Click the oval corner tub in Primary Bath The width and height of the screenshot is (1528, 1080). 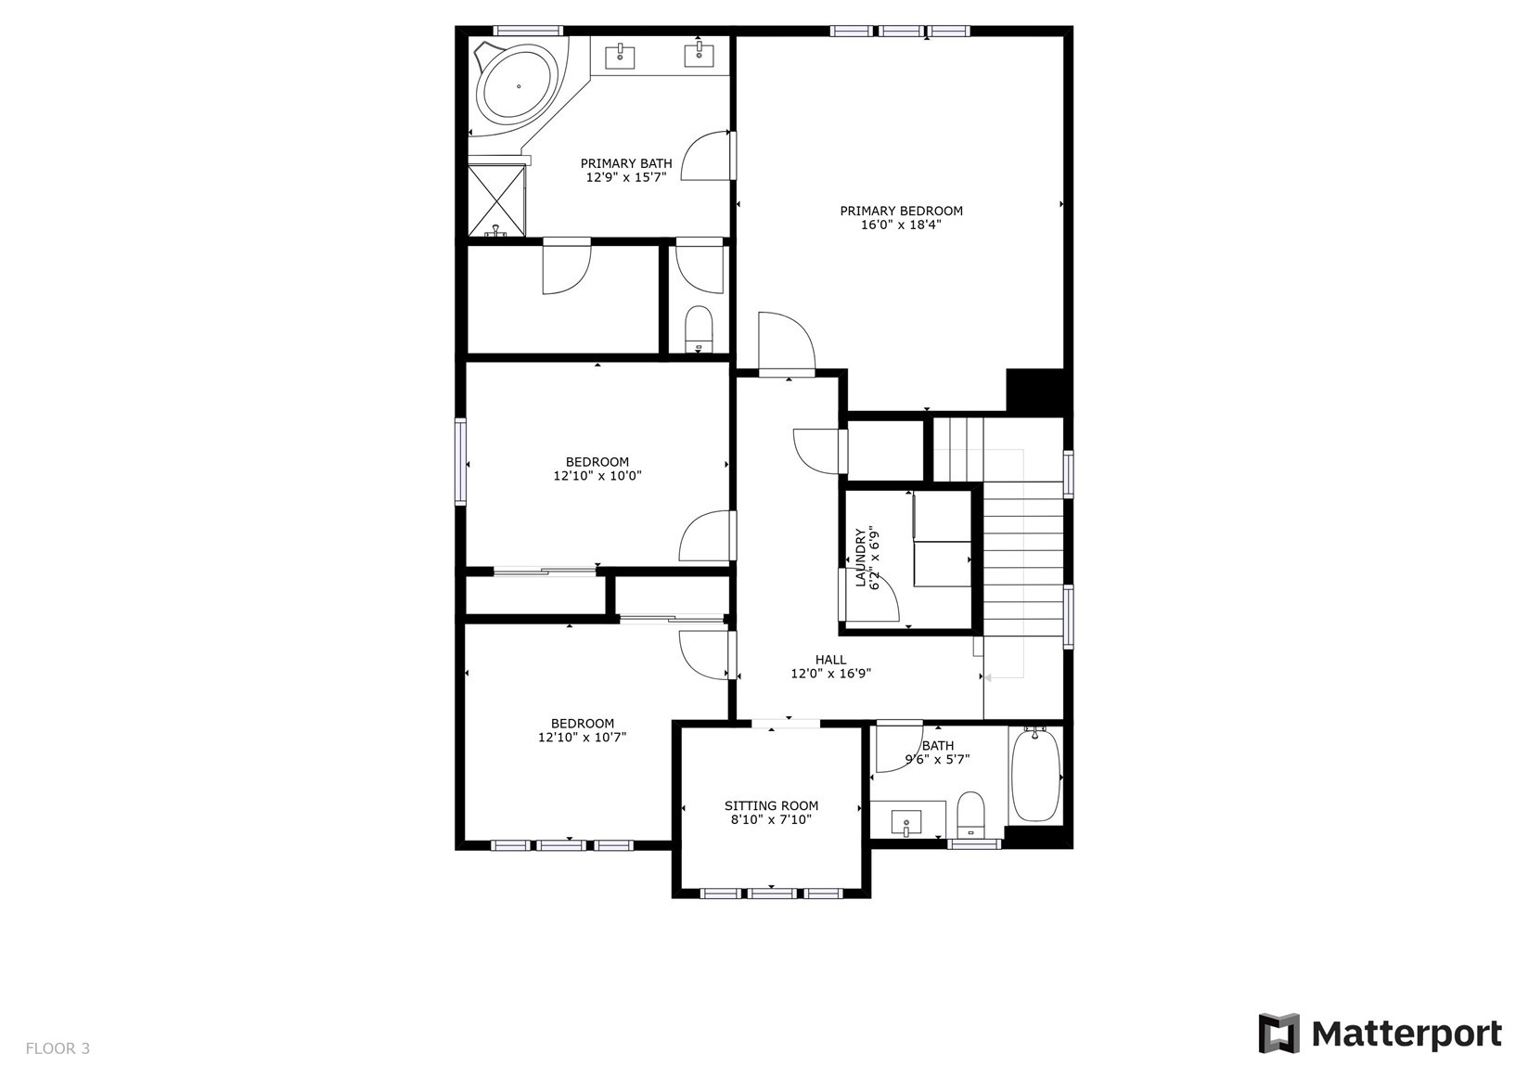click(518, 87)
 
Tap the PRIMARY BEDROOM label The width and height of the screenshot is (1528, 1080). click(901, 211)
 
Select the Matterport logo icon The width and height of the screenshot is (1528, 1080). click(1279, 1033)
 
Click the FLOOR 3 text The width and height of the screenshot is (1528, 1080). click(58, 1048)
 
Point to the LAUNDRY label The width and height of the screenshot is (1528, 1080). click(860, 558)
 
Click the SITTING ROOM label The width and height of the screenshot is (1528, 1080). click(772, 805)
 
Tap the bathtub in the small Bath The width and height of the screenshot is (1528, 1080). click(1035, 775)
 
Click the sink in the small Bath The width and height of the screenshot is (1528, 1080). click(905, 822)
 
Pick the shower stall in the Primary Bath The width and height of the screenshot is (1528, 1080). click(496, 199)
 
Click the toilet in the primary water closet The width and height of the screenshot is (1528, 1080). click(699, 329)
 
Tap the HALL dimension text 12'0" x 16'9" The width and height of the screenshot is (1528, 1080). click(831, 674)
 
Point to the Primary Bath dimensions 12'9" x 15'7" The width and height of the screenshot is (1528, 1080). click(626, 177)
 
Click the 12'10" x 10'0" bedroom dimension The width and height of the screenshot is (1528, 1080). click(597, 476)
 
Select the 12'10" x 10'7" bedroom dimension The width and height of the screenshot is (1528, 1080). click(583, 737)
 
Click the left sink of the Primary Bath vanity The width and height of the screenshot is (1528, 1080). click(621, 56)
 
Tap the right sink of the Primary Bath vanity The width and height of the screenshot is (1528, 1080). click(700, 56)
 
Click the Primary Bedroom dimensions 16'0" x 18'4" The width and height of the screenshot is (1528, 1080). click(901, 225)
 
